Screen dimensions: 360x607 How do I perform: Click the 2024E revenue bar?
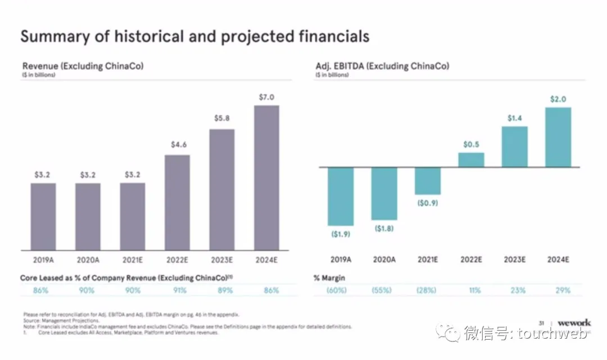coord(266,177)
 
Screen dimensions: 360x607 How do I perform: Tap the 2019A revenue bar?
coord(43,216)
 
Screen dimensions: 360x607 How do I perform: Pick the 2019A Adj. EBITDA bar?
coord(341,196)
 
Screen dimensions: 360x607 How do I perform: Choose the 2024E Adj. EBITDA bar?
coord(558,137)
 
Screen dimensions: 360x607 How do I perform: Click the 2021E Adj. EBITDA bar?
coord(428,181)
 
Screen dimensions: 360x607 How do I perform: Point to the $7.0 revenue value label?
coord(266,97)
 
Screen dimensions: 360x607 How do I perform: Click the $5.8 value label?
coord(222,119)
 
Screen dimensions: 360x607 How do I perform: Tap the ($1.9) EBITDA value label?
coord(341,234)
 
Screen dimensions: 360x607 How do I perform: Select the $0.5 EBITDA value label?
coord(471,144)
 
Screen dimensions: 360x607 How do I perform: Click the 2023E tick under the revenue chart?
coord(222,260)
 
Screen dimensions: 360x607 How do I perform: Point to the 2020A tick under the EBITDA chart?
coord(384,260)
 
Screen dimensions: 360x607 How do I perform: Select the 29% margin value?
coord(563,290)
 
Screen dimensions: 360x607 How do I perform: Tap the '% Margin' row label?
coord(329,278)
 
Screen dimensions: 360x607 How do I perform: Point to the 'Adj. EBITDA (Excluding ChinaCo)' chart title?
coord(382,66)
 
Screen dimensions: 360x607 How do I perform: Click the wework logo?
coord(574,323)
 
